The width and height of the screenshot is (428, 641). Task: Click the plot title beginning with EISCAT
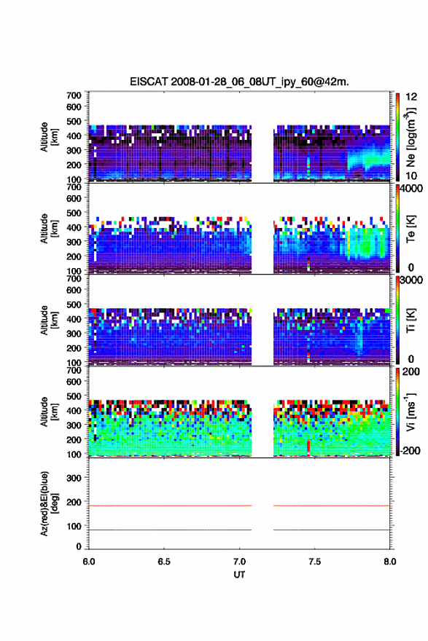(x=239, y=82)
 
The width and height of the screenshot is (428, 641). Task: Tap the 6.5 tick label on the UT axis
(x=163, y=562)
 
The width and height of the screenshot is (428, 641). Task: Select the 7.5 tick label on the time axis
(x=314, y=562)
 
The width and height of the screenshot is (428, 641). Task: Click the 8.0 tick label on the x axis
(x=390, y=562)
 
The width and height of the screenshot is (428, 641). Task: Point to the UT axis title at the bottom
(x=239, y=575)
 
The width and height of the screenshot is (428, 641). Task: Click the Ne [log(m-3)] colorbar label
(x=411, y=138)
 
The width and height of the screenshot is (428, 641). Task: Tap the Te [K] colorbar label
(x=411, y=229)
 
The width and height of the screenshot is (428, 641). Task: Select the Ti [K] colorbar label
(x=411, y=321)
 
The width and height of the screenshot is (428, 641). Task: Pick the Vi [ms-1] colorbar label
(x=411, y=412)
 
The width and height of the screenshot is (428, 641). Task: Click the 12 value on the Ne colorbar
(x=411, y=97)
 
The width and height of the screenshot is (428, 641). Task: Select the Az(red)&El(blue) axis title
(x=48, y=503)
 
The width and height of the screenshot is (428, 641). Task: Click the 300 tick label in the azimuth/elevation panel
(x=74, y=478)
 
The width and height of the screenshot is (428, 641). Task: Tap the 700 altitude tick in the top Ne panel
(x=74, y=95)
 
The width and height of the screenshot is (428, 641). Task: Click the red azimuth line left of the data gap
(x=170, y=506)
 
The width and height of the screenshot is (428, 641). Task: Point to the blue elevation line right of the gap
(x=332, y=530)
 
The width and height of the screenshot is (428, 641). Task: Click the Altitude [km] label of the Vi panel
(x=48, y=412)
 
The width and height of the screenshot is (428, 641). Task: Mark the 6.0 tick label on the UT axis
(x=89, y=562)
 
